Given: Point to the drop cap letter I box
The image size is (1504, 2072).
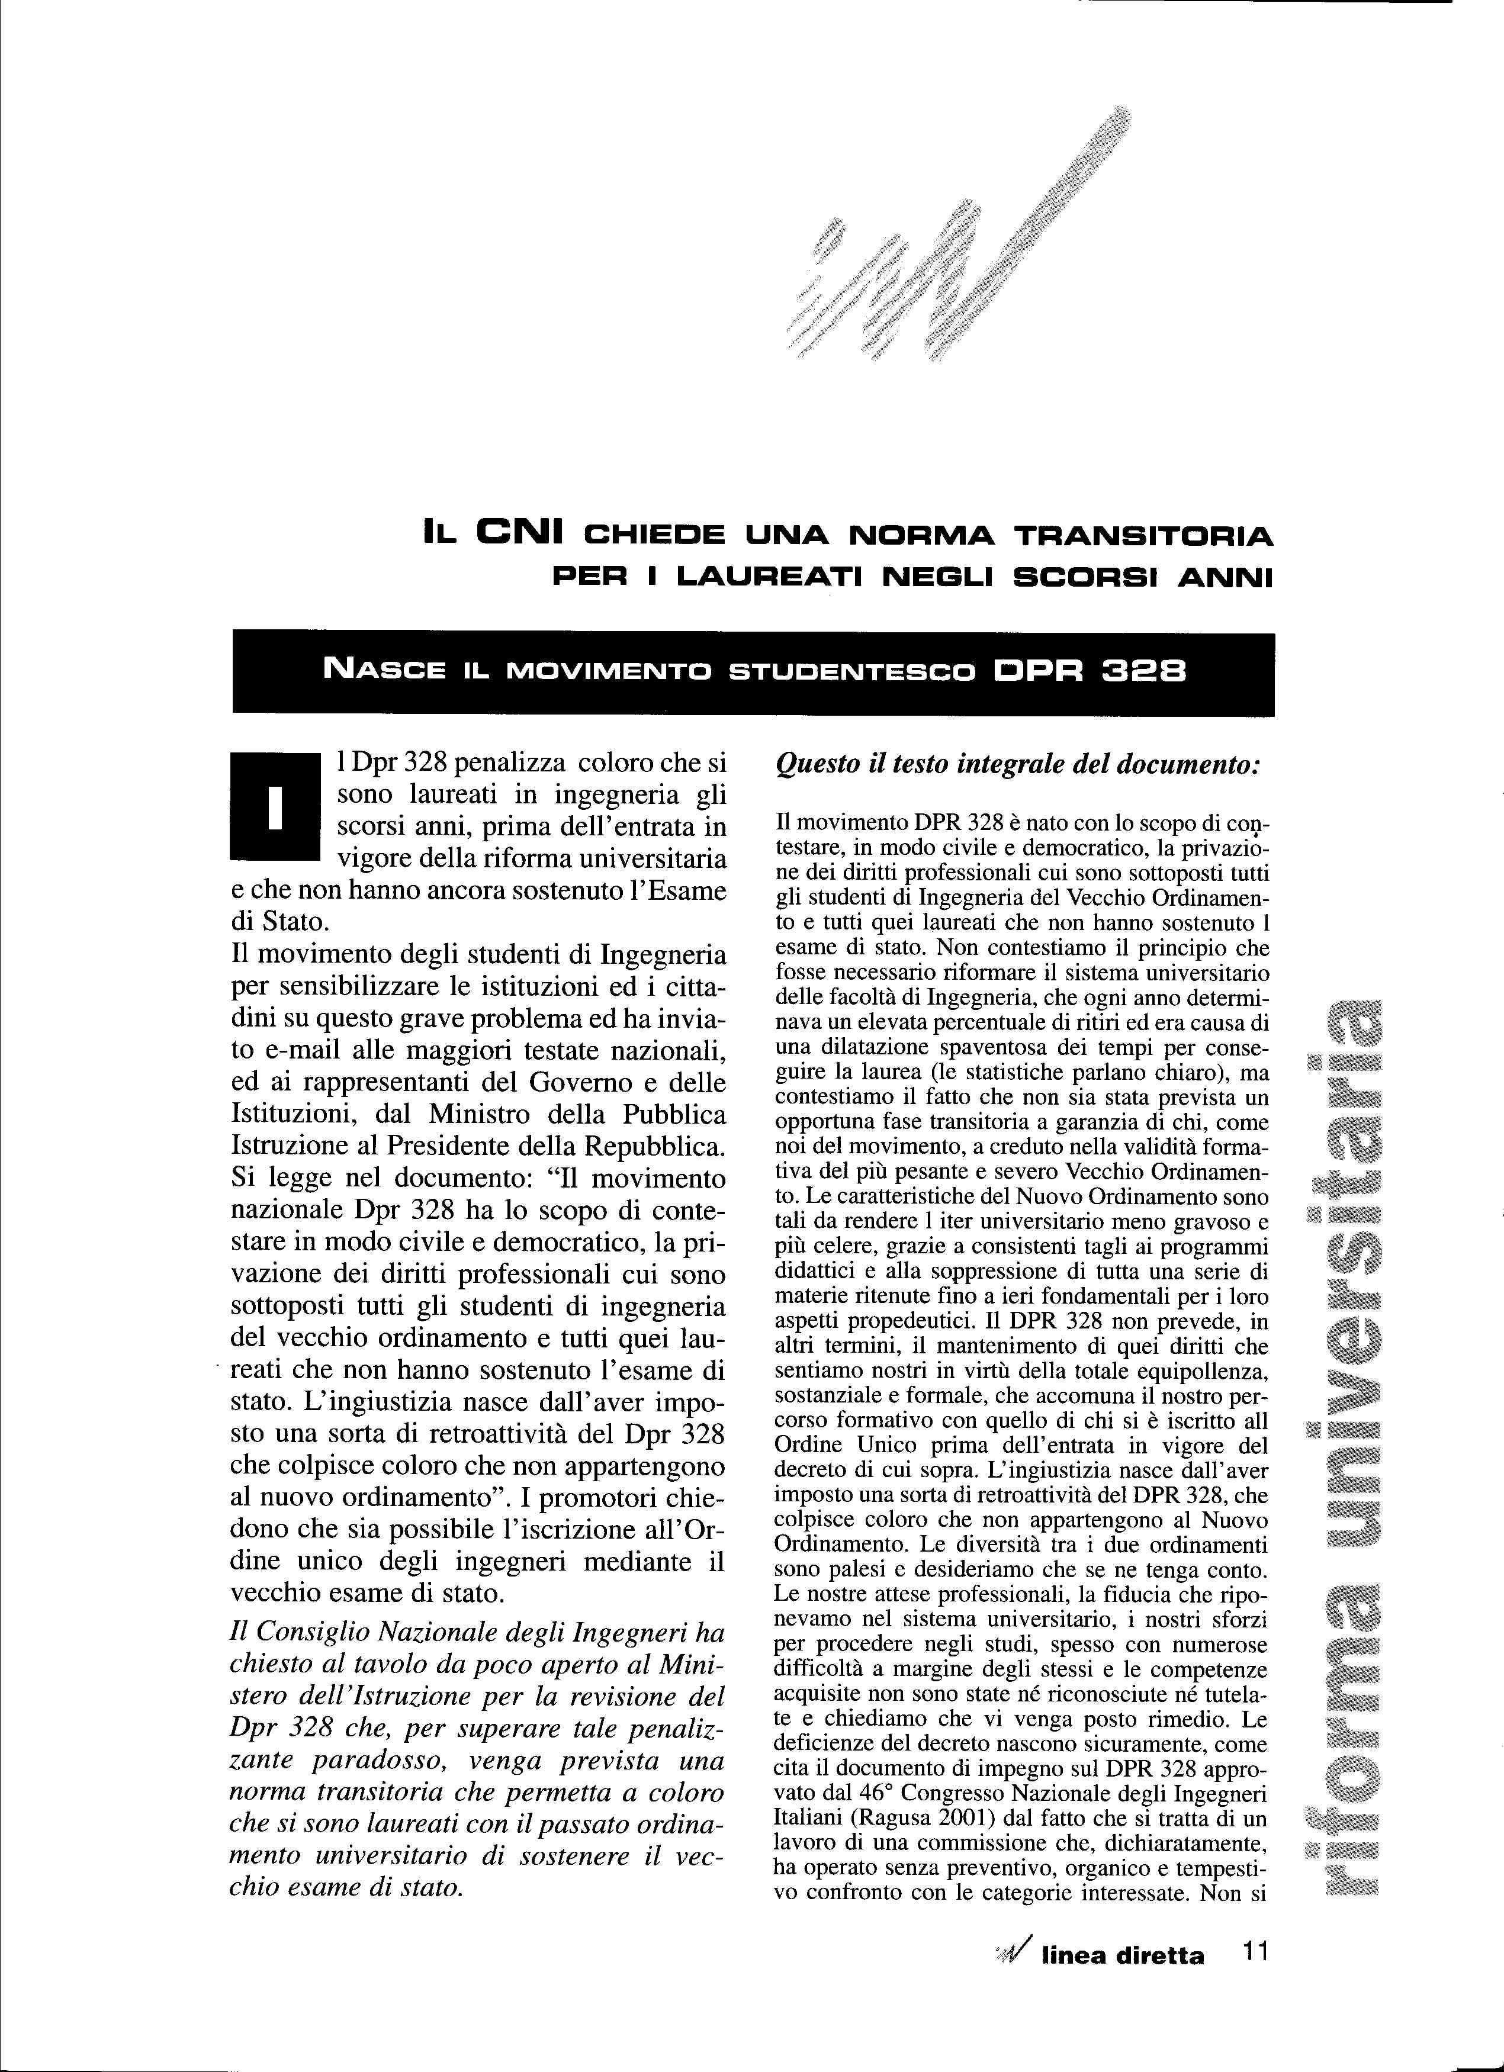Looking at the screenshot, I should tap(271, 807).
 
